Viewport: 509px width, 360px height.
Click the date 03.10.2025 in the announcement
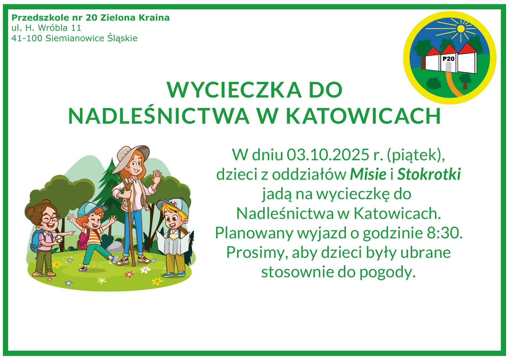coord(328,155)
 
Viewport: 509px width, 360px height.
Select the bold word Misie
coord(368,174)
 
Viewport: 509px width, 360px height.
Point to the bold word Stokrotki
coord(429,174)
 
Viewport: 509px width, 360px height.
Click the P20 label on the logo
coord(448,59)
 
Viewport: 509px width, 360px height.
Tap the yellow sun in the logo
coord(461,29)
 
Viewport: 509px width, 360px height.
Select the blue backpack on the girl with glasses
coord(36,241)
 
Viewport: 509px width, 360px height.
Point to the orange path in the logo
coord(452,84)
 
